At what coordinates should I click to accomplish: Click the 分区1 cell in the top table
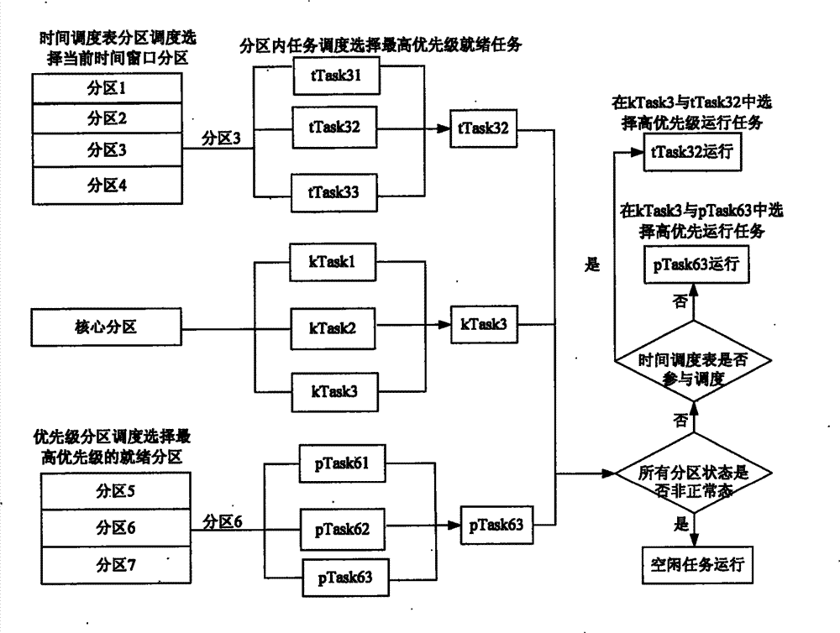(105, 87)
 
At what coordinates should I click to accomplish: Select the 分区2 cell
(105, 118)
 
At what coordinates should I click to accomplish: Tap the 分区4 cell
(105, 183)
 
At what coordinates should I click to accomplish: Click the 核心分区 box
(105, 326)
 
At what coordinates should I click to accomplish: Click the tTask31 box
(335, 76)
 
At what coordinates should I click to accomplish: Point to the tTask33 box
(335, 191)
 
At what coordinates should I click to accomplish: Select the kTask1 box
(335, 261)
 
